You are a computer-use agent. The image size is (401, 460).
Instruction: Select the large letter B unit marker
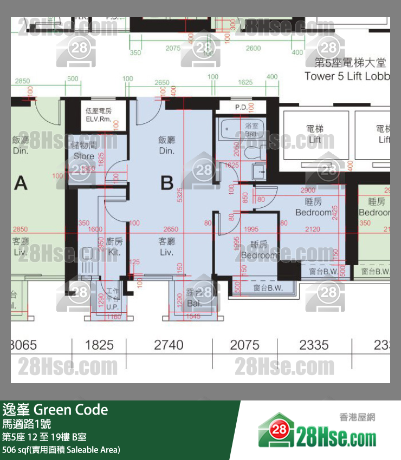tap(167, 183)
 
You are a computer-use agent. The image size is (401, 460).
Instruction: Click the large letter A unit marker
tap(21, 183)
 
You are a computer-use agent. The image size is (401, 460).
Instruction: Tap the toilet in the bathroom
tap(253, 153)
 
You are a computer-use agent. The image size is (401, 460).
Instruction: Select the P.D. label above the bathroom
tap(241, 107)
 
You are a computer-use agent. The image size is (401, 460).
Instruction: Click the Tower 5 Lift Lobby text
tap(347, 76)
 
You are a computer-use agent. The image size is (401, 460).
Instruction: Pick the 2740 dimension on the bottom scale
tap(169, 345)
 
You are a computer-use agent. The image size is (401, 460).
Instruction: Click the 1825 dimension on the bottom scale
tap(100, 345)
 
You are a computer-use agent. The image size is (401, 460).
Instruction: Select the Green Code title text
tap(55, 410)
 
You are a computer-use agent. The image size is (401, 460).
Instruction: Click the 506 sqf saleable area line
tap(61, 450)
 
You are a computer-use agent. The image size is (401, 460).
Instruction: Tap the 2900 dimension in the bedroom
tap(308, 191)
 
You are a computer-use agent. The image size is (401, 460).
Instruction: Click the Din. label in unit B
tap(167, 145)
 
